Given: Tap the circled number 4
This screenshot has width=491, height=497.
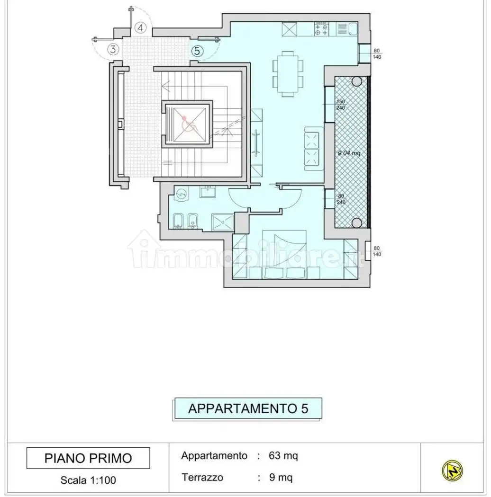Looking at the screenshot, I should (x=140, y=28).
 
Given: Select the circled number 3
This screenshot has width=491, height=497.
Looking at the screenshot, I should (x=113, y=49).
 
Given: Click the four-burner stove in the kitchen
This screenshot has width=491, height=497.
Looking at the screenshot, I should (x=321, y=29).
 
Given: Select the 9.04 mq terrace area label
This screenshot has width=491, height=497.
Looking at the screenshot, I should (x=349, y=153).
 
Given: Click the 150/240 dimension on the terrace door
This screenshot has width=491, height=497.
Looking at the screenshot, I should (x=340, y=105).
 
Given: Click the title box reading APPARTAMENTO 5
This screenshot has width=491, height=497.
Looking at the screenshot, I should (x=248, y=408).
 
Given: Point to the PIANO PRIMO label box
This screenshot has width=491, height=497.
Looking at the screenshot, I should (x=88, y=458).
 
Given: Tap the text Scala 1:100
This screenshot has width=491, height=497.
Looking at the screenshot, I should (x=88, y=480).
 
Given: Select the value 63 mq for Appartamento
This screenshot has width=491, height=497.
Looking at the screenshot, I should (x=283, y=456).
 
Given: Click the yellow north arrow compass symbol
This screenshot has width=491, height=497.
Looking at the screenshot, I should (x=452, y=470).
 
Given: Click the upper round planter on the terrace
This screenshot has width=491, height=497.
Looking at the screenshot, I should (x=356, y=81).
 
